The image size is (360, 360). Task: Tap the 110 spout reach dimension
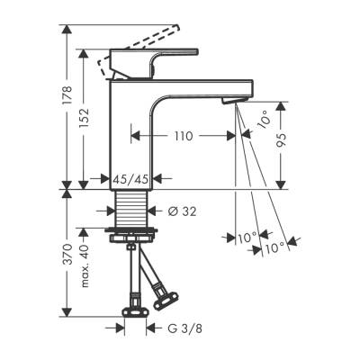click(x=184, y=137)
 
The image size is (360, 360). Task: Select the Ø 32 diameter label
click(x=182, y=211)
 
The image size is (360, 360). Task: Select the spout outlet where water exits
click(x=236, y=102)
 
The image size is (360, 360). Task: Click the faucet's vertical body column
click(x=135, y=135)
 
